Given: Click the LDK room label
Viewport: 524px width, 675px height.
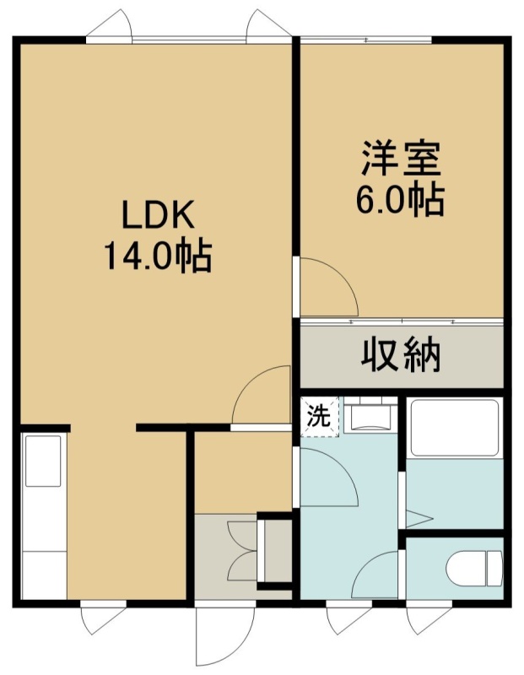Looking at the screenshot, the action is [159, 214].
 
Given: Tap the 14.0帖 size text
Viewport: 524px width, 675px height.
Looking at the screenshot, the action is [159, 256].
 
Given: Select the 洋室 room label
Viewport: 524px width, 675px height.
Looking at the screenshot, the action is [401, 158].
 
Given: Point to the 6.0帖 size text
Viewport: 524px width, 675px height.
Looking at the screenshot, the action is [400, 201].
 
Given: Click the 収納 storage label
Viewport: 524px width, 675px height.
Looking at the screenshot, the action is [401, 355].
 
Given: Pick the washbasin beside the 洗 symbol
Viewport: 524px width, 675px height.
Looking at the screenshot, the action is [370, 414].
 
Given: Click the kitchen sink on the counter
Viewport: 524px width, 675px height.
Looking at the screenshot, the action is [43, 461].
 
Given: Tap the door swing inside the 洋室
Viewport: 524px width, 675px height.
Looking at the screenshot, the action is [329, 287].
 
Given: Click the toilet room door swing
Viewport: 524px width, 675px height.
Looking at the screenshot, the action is [375, 575].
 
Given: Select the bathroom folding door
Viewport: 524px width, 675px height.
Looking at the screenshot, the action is [419, 518].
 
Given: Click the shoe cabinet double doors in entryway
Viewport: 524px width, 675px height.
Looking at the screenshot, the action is [242, 551].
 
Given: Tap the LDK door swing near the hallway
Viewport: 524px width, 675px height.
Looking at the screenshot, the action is [261, 394].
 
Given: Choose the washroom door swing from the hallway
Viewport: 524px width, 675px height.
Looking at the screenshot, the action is [329, 477].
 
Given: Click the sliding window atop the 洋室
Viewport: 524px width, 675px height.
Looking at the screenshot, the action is [365, 40].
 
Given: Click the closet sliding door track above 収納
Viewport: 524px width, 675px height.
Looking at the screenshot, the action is [402, 321].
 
